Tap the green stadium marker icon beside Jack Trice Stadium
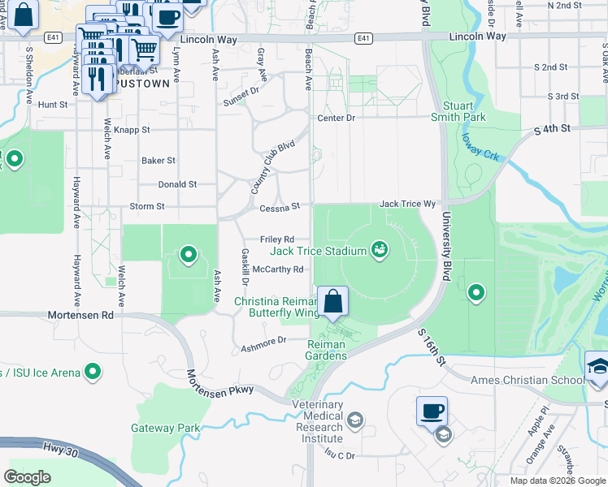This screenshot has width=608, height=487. coord(379,249)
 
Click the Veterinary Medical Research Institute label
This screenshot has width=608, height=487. coord(319,416)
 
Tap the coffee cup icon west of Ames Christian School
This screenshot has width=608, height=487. coord(432,411)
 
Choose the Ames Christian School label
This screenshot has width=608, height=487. coord(527,380)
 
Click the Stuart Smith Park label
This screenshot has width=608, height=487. coord(464,111)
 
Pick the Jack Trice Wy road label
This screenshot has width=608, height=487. coord(408,205)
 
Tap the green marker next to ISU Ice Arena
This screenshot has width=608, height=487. coord(93,373)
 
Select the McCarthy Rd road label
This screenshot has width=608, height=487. coord(278,269)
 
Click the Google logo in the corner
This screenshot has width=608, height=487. coord(28,477)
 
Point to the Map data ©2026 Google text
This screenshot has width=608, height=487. coord(557,481)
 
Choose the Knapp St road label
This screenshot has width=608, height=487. coord(132,129)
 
